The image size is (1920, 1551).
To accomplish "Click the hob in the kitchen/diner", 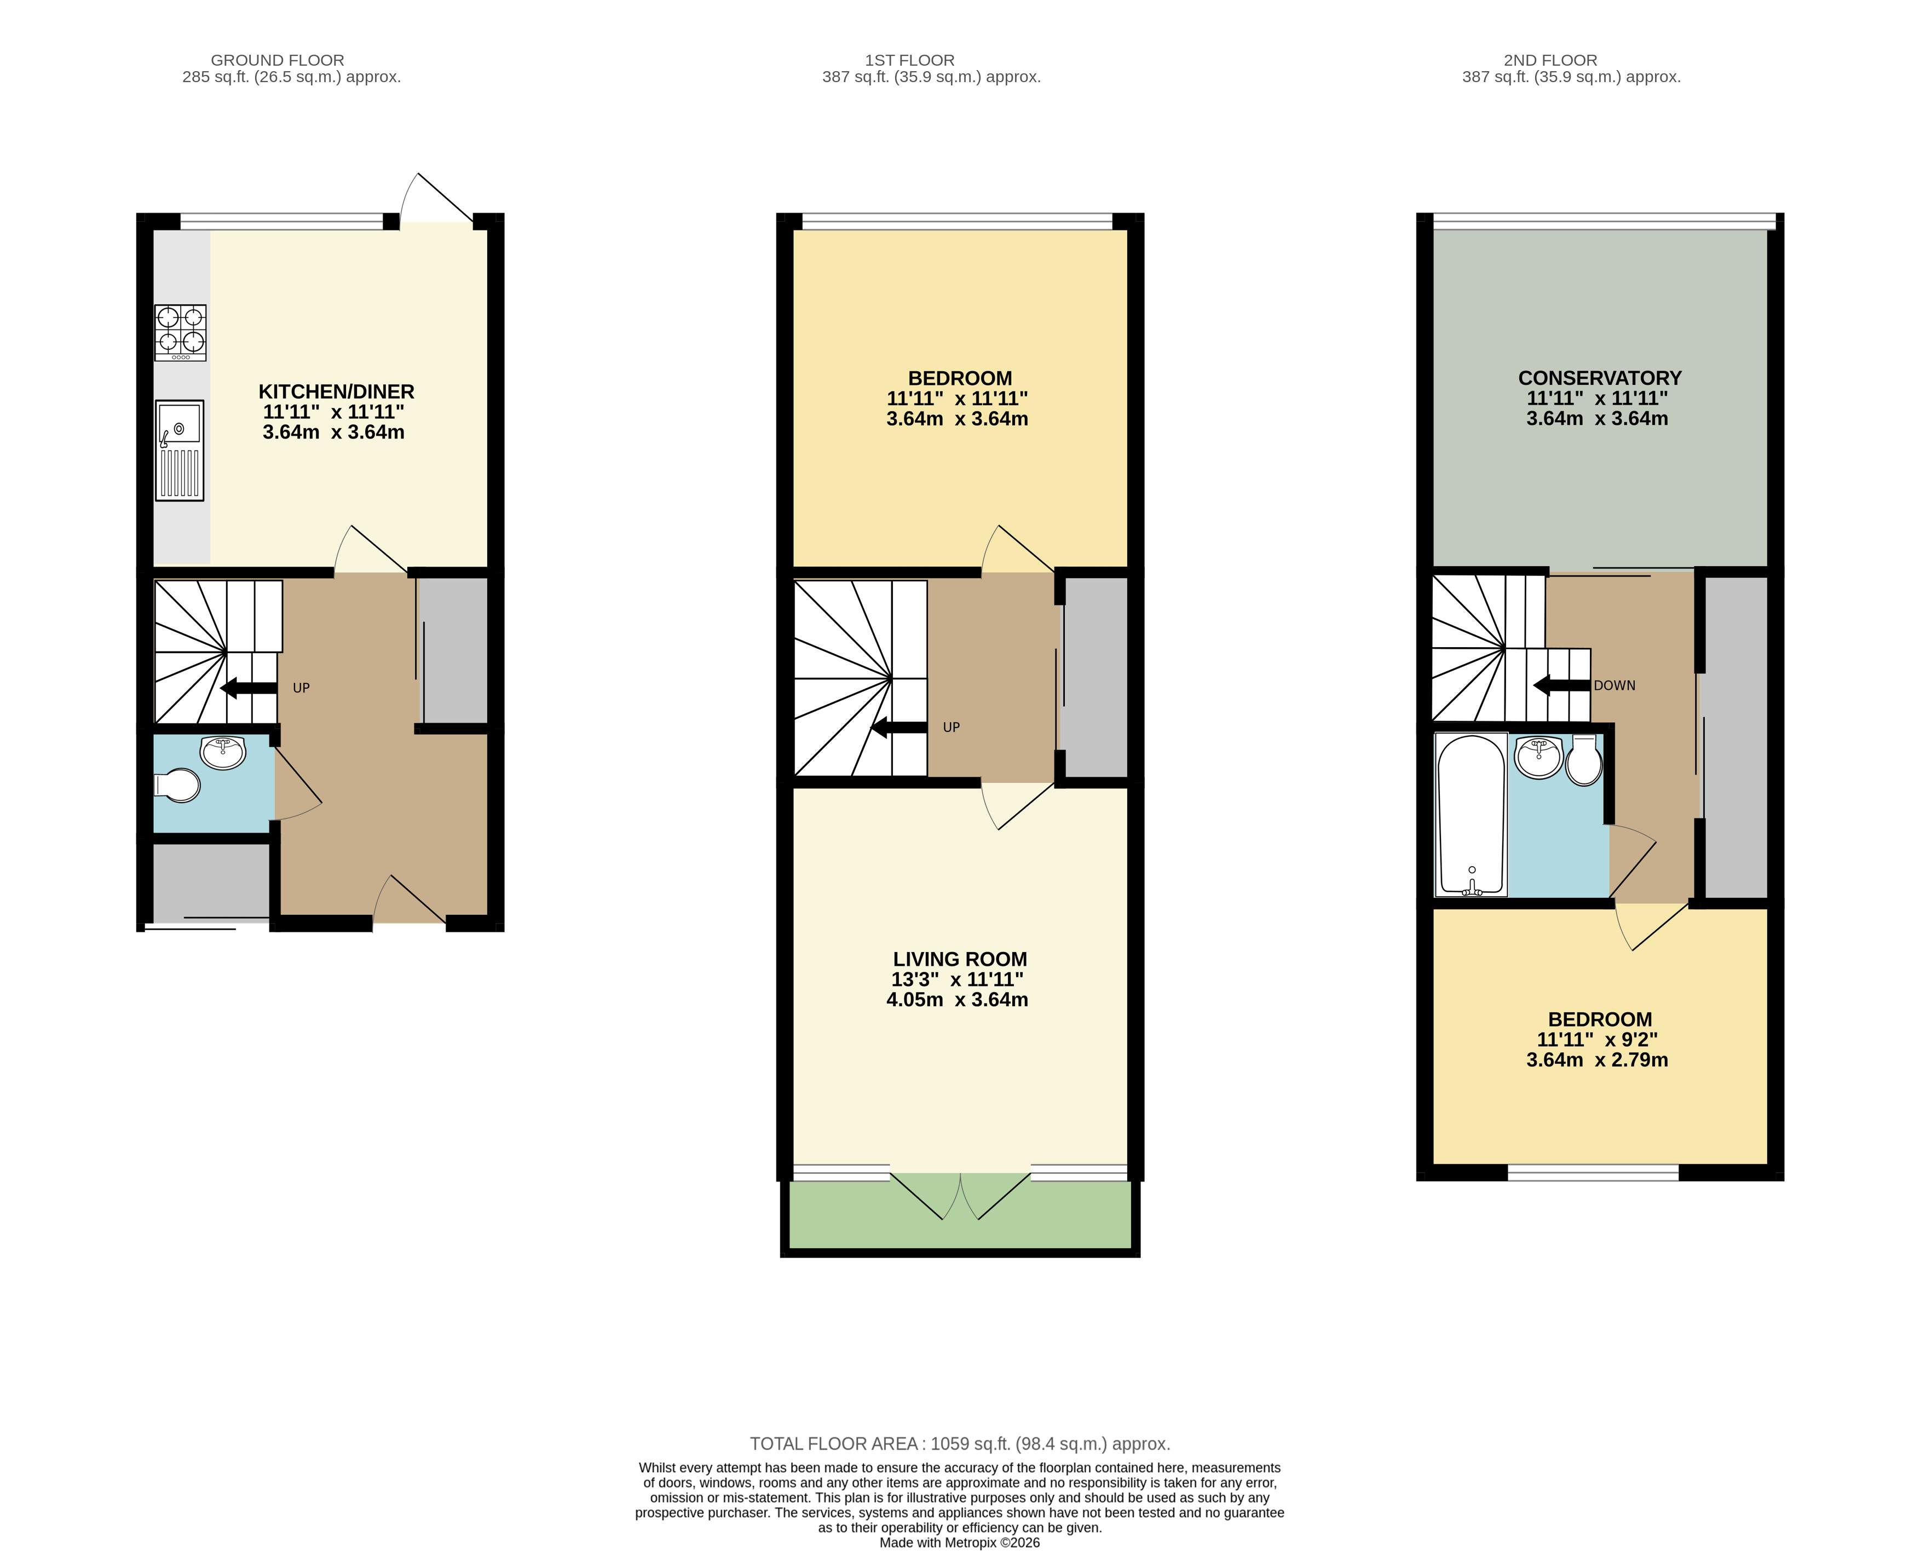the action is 181,332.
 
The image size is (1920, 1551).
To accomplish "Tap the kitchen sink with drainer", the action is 180,450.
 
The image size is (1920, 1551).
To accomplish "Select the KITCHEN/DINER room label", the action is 337,391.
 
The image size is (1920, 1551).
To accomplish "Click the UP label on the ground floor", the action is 301,688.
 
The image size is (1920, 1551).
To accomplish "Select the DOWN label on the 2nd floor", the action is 1615,685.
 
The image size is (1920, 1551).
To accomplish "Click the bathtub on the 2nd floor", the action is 1471,815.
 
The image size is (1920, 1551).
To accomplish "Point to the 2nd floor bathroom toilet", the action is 1584,759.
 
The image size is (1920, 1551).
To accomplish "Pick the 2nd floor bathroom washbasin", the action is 1538,757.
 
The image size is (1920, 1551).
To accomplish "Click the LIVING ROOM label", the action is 960,960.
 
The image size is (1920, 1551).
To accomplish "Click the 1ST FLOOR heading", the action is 909,60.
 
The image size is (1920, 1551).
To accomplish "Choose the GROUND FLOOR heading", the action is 278,60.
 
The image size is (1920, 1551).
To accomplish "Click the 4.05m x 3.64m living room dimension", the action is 957,1000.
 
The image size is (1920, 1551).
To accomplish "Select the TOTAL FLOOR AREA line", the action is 960,1444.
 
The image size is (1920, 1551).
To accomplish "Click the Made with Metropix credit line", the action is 960,1542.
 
